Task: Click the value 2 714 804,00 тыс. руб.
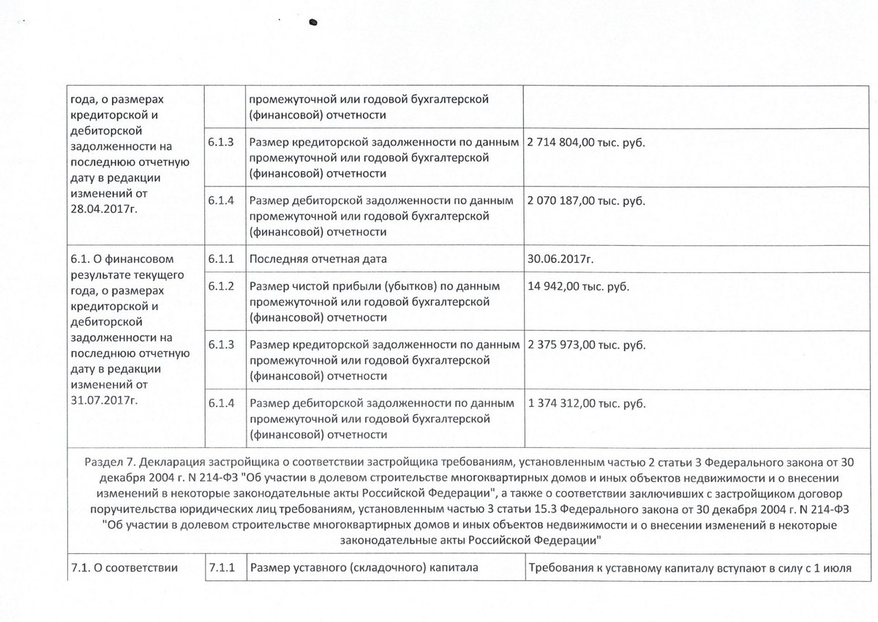pos(586,143)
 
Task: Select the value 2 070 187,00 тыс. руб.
pos(586,201)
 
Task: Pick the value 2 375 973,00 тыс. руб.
pos(586,343)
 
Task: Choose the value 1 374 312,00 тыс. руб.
pos(586,402)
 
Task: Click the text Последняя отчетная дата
pos(318,258)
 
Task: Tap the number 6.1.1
pos(221,258)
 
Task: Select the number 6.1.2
pos(221,285)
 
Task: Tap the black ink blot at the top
pos(315,22)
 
